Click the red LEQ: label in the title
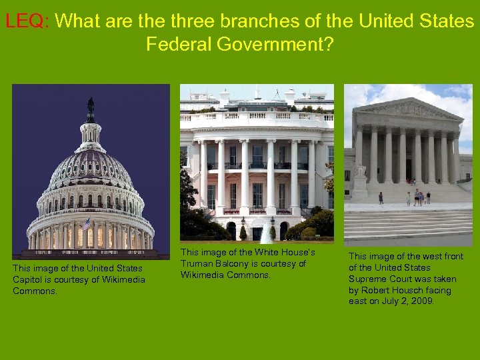click(27, 21)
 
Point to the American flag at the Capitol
click(85, 224)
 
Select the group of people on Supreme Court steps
click(418, 197)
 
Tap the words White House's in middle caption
click(285, 252)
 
